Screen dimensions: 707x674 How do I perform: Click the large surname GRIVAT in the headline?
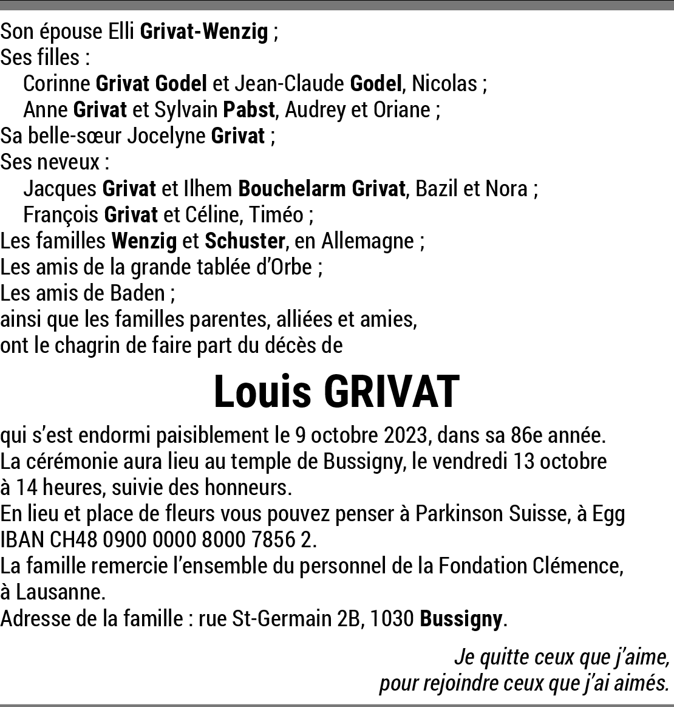point(391,392)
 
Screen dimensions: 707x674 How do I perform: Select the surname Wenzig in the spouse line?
point(235,32)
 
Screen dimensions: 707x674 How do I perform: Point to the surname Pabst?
point(250,110)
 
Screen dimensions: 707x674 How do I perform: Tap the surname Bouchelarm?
point(291,189)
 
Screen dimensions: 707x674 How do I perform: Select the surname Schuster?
point(244,241)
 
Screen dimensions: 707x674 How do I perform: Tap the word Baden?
point(137,293)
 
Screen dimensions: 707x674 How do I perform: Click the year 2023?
point(406,435)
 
